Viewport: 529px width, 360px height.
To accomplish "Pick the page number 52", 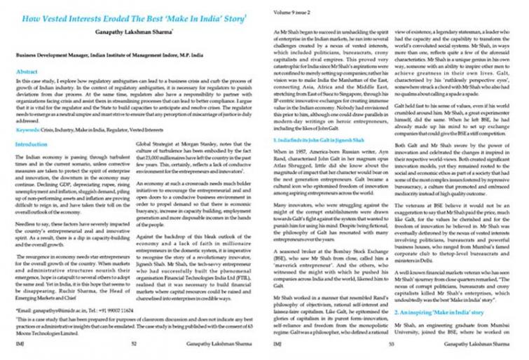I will tap(132, 345).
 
